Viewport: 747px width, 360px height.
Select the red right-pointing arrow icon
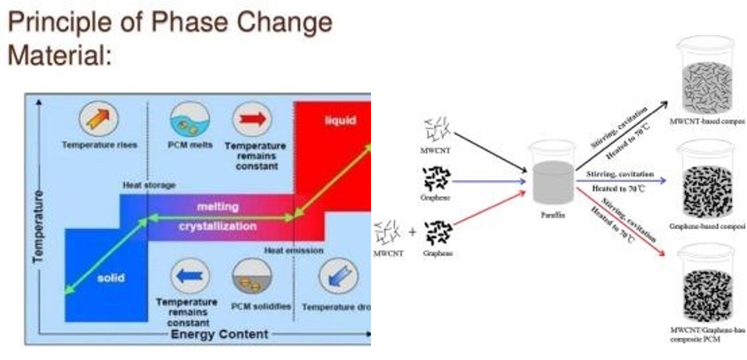[x=251, y=118]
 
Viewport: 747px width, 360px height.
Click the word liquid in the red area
[x=339, y=121]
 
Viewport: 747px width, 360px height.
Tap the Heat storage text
[x=149, y=185]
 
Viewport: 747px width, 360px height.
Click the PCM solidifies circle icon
[x=250, y=276]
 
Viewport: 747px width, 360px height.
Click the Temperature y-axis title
[x=37, y=225]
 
